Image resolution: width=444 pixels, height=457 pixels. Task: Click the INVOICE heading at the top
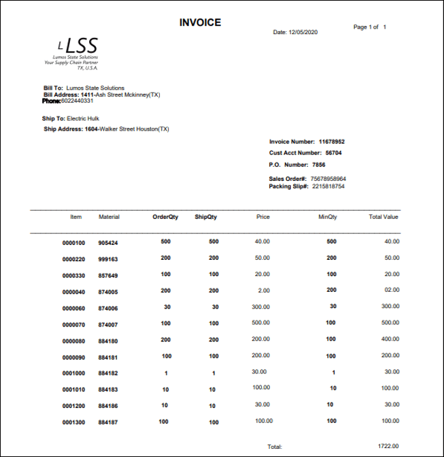click(200, 22)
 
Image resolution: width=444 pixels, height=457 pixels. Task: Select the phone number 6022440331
click(77, 101)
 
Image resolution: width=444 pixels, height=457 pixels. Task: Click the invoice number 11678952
click(332, 141)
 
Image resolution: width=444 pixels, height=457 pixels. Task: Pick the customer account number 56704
click(333, 153)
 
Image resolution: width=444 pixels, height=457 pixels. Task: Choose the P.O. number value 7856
click(319, 165)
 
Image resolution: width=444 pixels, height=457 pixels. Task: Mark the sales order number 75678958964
click(328, 179)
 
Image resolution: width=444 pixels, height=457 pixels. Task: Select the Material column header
click(109, 217)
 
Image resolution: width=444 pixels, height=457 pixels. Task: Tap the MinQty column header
click(328, 217)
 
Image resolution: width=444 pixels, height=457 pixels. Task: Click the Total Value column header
click(383, 217)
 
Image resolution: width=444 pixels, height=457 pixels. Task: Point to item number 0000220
click(73, 259)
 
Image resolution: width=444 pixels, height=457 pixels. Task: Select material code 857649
click(108, 275)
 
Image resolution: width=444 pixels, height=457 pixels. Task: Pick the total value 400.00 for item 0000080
click(390, 339)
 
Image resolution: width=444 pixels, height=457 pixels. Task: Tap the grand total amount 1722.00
click(389, 446)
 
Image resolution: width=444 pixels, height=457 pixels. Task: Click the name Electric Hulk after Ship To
click(84, 118)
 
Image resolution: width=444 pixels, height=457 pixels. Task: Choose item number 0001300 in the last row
click(73, 422)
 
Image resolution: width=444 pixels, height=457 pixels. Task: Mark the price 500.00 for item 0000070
click(261, 322)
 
